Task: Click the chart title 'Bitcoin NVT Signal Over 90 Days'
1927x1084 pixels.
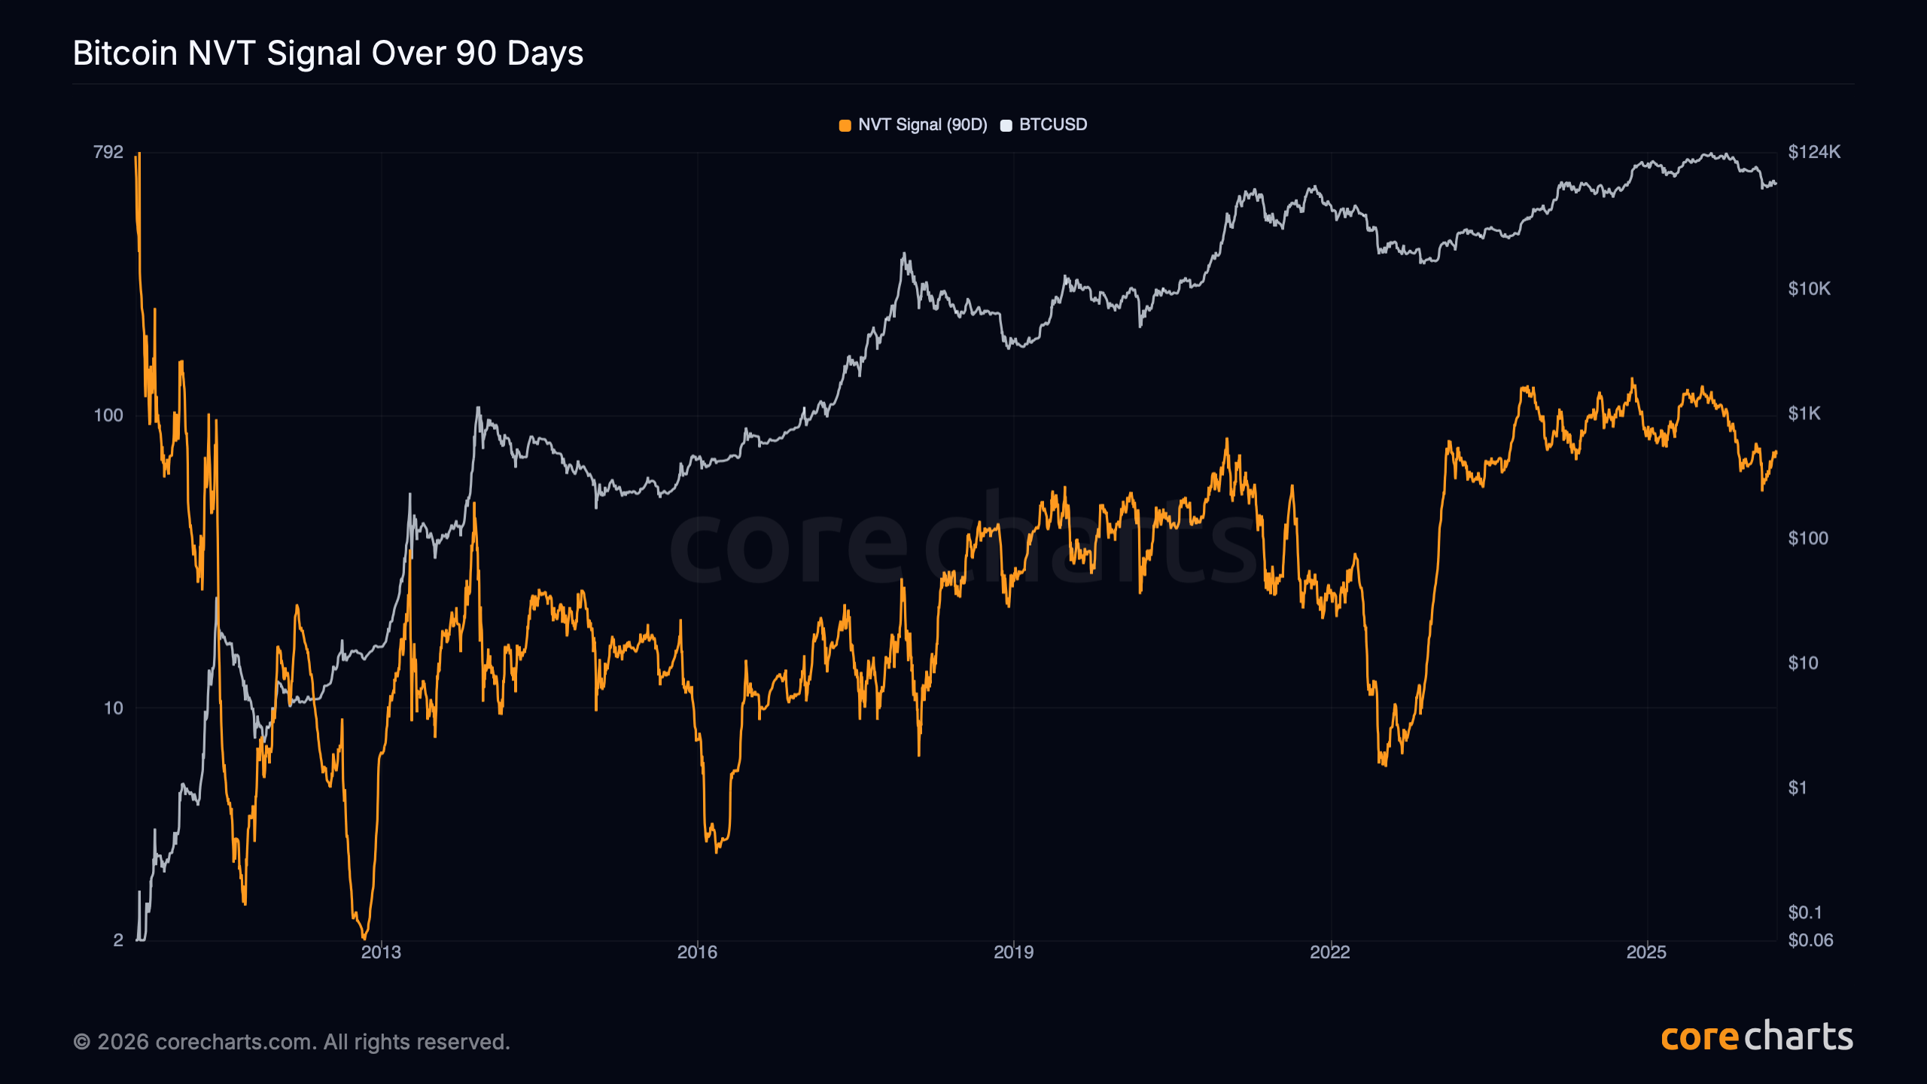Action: pyautogui.click(x=328, y=53)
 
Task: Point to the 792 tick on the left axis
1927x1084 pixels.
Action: pyautogui.click(x=108, y=152)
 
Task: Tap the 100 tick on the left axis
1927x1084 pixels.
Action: pyautogui.click(x=108, y=416)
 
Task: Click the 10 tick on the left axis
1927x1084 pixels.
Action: pyautogui.click(x=113, y=708)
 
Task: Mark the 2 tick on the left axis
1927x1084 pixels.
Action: pyautogui.click(x=118, y=940)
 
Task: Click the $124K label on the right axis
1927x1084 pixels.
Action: pyautogui.click(x=1814, y=152)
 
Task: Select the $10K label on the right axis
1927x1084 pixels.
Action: pyautogui.click(x=1809, y=289)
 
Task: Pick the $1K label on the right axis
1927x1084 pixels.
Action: pyautogui.click(x=1804, y=414)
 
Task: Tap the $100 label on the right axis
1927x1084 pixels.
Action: pyautogui.click(x=1808, y=539)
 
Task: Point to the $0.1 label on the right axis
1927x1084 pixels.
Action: pyautogui.click(x=1805, y=913)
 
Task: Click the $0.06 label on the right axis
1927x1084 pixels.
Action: pyautogui.click(x=1810, y=940)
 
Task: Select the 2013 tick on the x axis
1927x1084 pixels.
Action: pyautogui.click(x=381, y=952)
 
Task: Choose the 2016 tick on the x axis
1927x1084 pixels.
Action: pyautogui.click(x=697, y=952)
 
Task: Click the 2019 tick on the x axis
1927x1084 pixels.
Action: pyautogui.click(x=1013, y=952)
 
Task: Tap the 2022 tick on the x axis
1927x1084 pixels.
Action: pyautogui.click(x=1330, y=952)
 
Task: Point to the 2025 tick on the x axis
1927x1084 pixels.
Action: pyautogui.click(x=1646, y=952)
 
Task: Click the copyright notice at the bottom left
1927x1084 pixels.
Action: pyautogui.click(x=291, y=1042)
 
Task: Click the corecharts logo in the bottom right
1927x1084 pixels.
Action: pyautogui.click(x=1757, y=1037)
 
